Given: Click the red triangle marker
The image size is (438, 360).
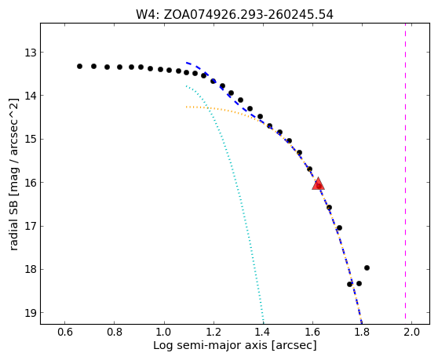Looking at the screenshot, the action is (x=318, y=184).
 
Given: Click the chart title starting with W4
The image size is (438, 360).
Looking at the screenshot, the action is (x=235, y=15).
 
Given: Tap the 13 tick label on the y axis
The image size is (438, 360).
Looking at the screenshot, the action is (x=31, y=53).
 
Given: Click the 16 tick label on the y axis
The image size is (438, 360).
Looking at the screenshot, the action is (x=31, y=183).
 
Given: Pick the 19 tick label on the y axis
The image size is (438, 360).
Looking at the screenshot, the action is (x=31, y=313).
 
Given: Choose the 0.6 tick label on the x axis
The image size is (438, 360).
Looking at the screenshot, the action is (x=65, y=332).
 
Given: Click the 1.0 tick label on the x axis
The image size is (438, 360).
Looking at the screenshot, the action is (x=164, y=332).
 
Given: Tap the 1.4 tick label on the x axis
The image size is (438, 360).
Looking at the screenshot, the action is (x=263, y=332).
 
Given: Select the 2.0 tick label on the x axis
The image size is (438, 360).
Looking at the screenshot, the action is (x=412, y=332).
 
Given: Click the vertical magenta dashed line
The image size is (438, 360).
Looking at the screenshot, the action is (x=405, y=173).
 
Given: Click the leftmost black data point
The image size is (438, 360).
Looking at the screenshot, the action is (x=79, y=66).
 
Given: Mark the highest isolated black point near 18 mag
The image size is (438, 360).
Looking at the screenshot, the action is (x=367, y=267).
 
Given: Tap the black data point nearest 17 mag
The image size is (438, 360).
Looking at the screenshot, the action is (x=339, y=227).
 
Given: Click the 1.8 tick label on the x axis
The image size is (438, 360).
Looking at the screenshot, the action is (x=363, y=332).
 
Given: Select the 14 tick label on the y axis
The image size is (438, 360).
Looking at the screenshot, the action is (x=31, y=96).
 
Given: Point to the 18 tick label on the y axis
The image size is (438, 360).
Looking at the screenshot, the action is (x=31, y=269).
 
